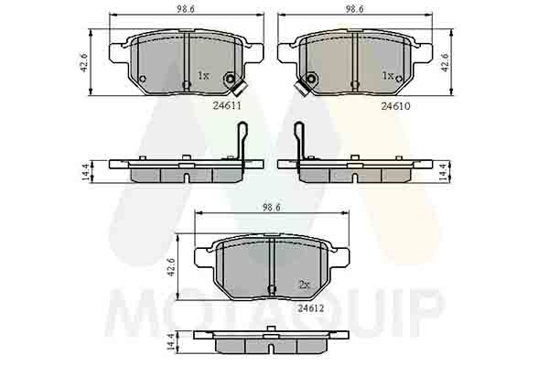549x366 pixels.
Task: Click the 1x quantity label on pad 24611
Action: pyautogui.click(x=204, y=76)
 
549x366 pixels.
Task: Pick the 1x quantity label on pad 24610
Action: pyautogui.click(x=387, y=76)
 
